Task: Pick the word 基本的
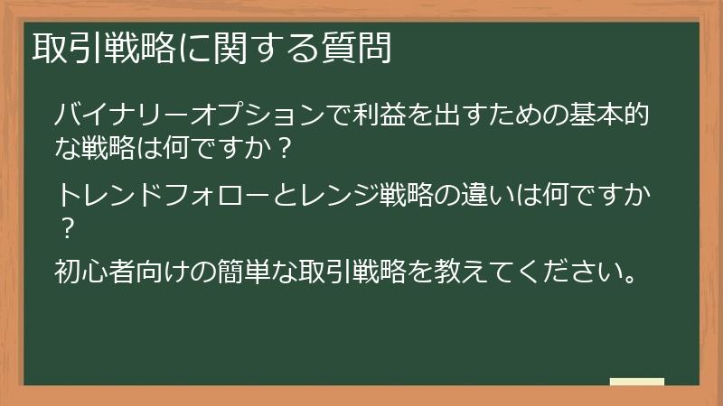[x=624, y=116]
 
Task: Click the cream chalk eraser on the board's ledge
[x=636, y=381]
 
